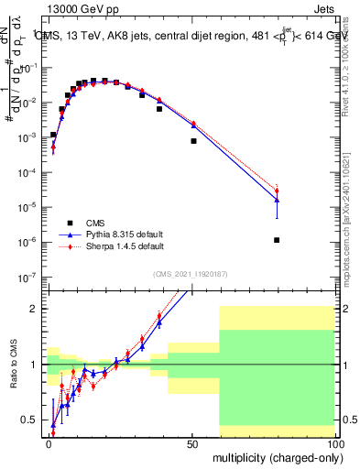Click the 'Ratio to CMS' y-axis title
click(x=14, y=365)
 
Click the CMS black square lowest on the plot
click(x=277, y=240)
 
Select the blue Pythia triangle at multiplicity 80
click(x=277, y=200)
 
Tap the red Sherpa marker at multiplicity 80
click(x=277, y=191)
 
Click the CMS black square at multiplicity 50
click(x=193, y=141)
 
